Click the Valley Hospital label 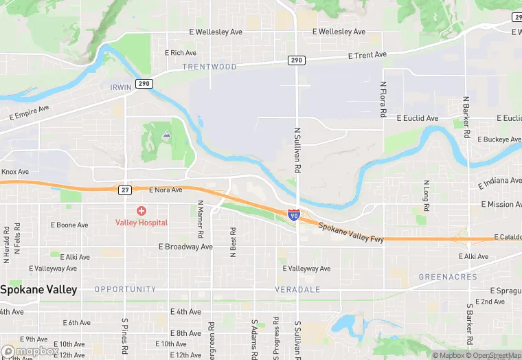click(141, 223)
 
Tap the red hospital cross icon click(141, 210)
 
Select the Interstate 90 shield click(293, 216)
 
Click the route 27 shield click(124, 189)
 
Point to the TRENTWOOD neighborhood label click(209, 67)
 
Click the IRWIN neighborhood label click(120, 87)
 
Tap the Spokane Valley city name click(38, 290)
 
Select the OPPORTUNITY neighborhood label click(125, 289)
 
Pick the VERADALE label click(297, 289)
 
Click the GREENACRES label click(448, 277)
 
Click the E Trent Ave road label click(367, 55)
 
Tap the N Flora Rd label click(383, 99)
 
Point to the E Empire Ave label click(30, 113)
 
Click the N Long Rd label click(426, 196)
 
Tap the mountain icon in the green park click(166, 135)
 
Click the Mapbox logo click(30, 351)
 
